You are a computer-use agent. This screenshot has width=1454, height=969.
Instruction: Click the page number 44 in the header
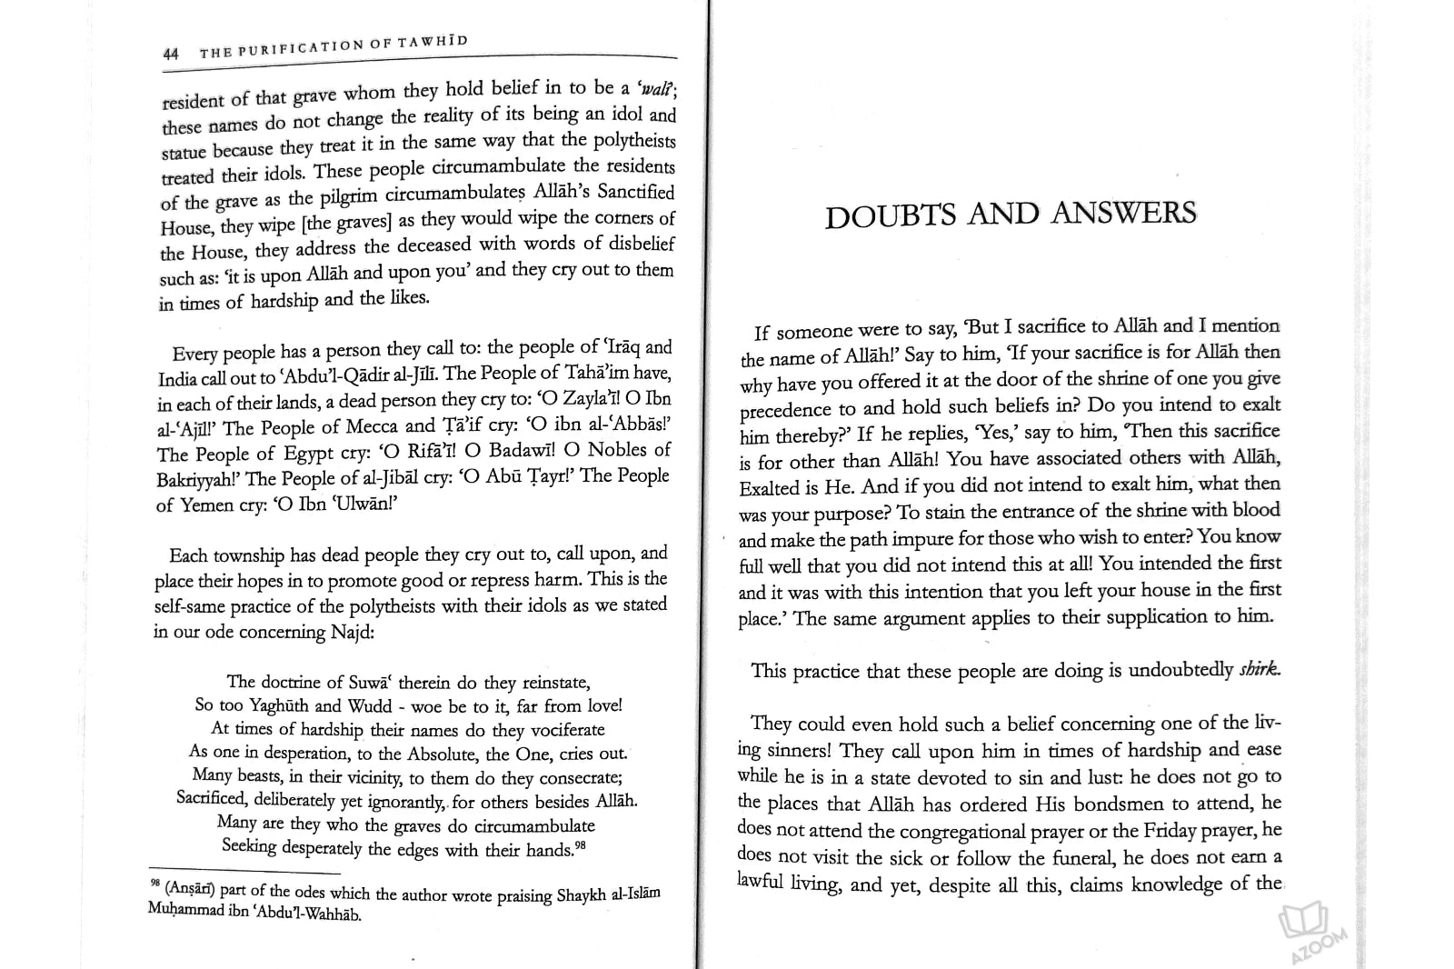coord(171,55)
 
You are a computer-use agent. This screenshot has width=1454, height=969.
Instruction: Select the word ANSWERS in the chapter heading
coord(1124,213)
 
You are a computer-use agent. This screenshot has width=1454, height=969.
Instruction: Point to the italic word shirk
coord(1260,670)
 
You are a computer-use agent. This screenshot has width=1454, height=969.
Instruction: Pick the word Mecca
coord(371,426)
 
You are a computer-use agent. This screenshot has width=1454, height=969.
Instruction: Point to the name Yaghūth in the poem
coord(281,705)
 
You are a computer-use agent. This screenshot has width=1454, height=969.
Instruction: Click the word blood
coord(1255,510)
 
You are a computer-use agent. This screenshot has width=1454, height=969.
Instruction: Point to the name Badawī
coord(523,451)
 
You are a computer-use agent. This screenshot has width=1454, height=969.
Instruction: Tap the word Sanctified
coord(636,193)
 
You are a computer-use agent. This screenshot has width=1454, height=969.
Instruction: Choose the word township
coord(249,555)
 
